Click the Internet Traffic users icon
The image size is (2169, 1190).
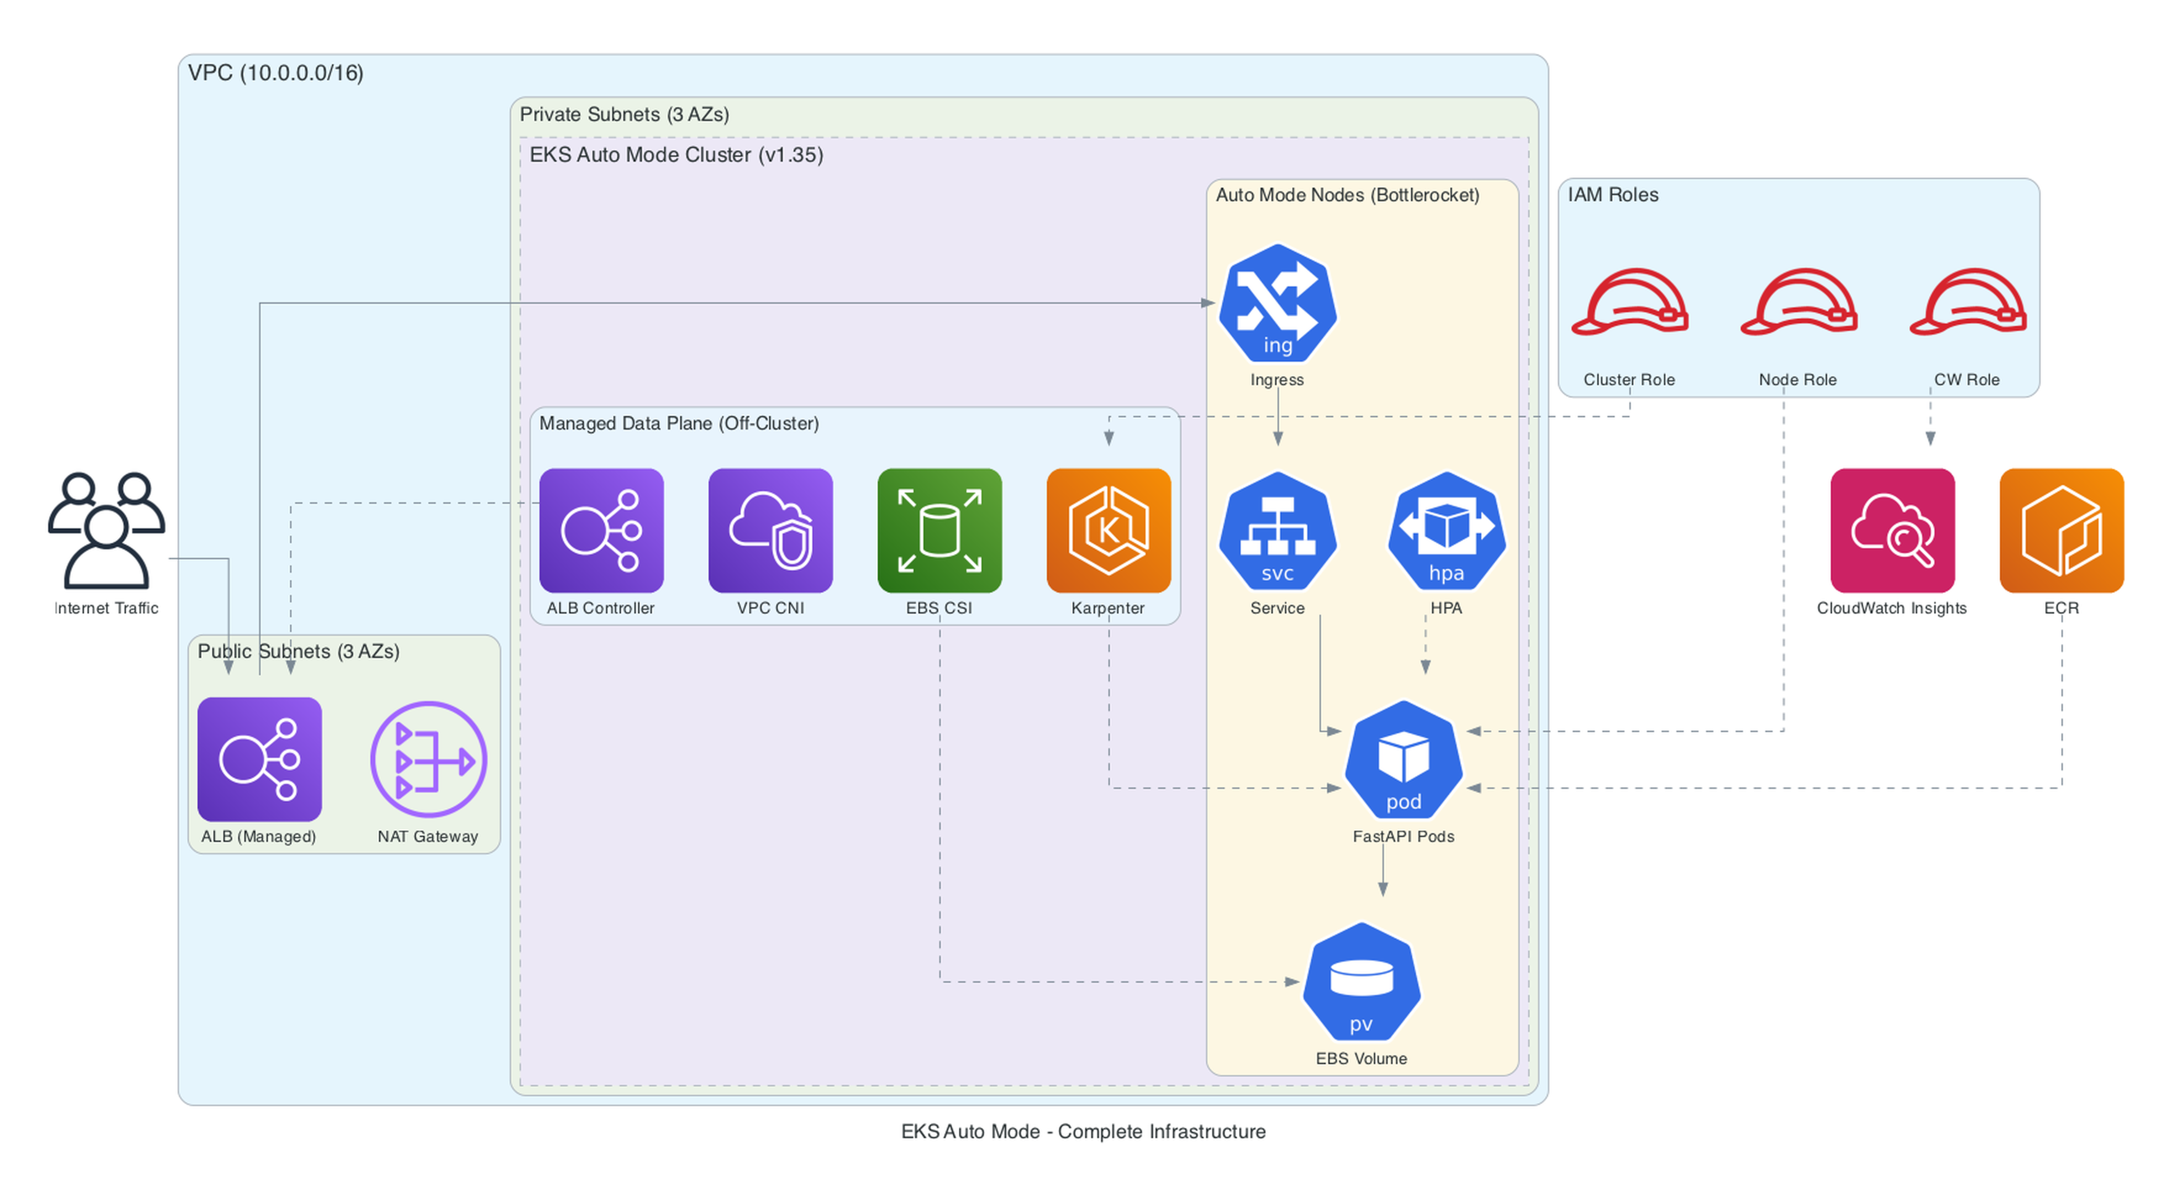click(x=106, y=531)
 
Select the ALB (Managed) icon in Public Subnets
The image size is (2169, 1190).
click(x=259, y=759)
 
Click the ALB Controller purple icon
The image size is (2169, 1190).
click(x=601, y=531)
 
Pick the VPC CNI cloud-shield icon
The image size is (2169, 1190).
click(x=770, y=531)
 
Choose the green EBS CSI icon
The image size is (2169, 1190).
click(x=939, y=531)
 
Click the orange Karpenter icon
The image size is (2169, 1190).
click(x=1108, y=531)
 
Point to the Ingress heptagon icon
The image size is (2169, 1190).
click(x=1277, y=303)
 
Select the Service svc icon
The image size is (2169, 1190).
click(x=1277, y=531)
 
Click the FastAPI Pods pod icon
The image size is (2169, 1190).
click(x=1404, y=759)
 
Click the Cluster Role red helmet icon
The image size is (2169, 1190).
click(x=1630, y=303)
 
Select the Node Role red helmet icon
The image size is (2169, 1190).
click(x=1799, y=303)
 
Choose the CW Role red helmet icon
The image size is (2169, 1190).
click(x=1967, y=303)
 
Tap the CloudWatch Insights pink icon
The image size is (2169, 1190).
click(x=1892, y=531)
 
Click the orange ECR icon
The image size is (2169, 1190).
click(x=2061, y=531)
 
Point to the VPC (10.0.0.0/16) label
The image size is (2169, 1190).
click(x=275, y=73)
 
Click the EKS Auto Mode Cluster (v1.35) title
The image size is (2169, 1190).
click(x=675, y=155)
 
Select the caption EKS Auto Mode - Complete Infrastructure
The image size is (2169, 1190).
click(x=1083, y=1131)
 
